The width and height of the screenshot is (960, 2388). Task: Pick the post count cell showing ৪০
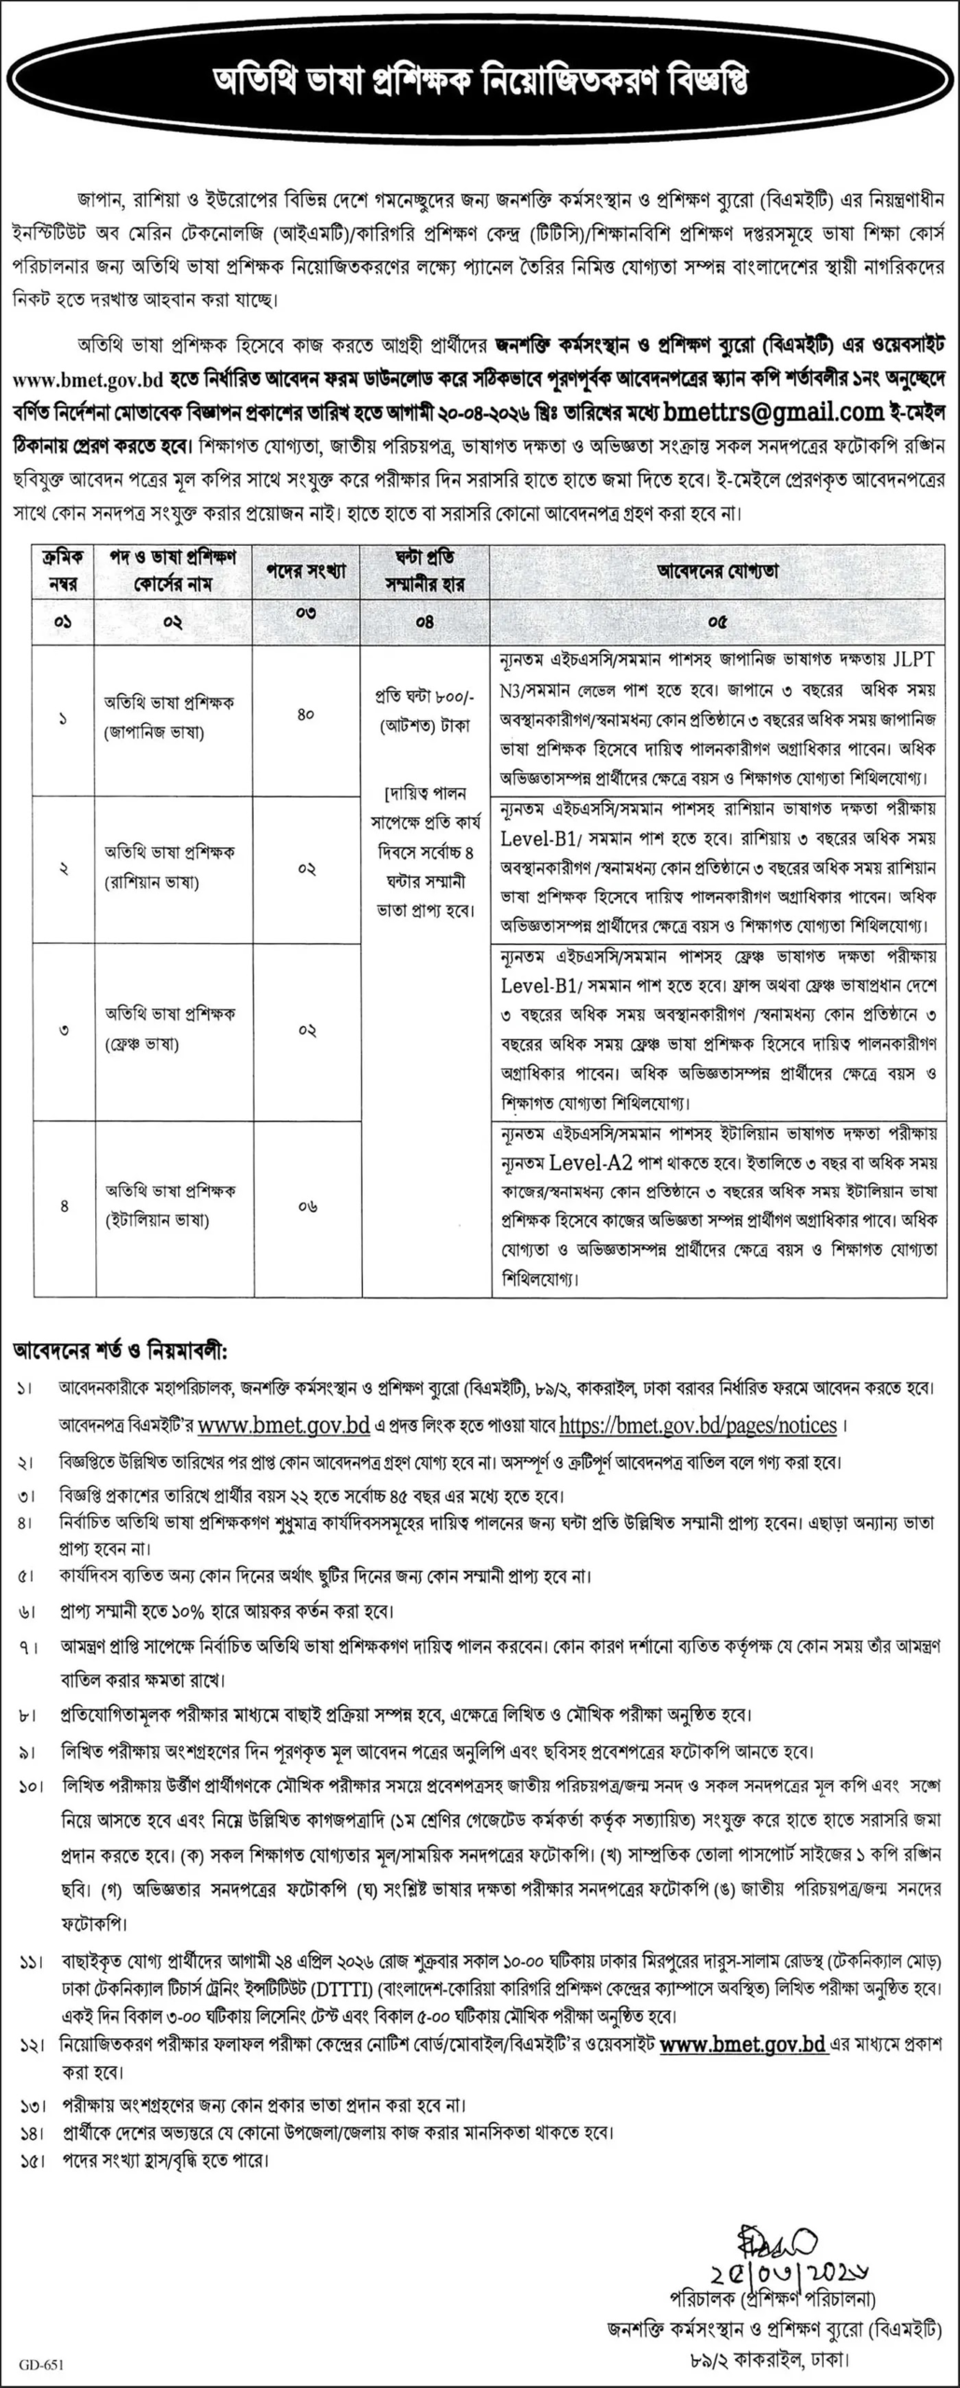tap(306, 715)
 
